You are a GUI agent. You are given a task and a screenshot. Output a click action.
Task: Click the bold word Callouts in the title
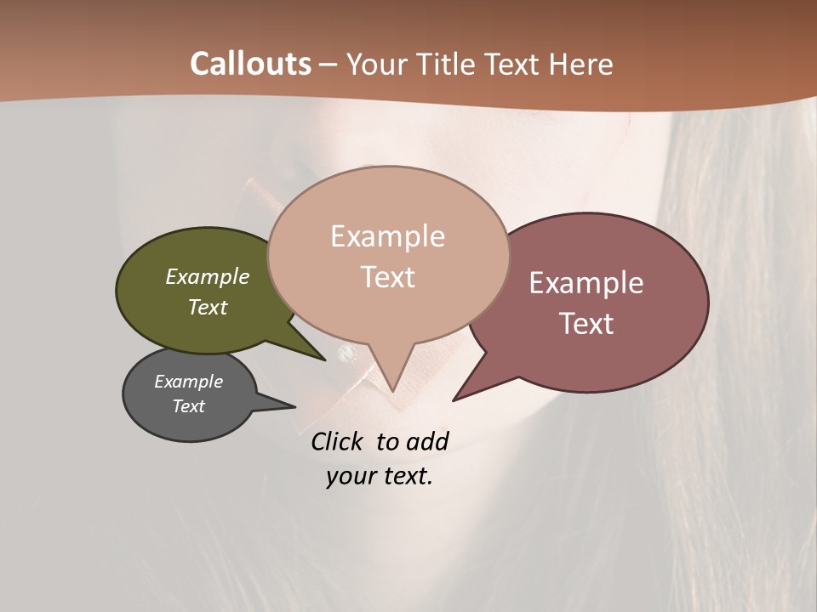(x=250, y=64)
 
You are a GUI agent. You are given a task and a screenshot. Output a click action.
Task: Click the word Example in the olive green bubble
(x=208, y=276)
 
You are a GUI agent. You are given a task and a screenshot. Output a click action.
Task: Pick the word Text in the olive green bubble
(x=208, y=307)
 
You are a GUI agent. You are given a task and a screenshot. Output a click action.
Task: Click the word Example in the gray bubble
(x=188, y=382)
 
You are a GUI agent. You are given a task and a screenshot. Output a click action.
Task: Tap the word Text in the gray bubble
(x=188, y=406)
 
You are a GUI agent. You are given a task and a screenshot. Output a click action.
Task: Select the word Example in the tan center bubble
(x=387, y=236)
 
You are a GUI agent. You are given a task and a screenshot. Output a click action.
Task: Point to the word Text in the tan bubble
(x=387, y=277)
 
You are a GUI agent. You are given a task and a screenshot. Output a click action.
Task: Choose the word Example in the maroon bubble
(x=586, y=283)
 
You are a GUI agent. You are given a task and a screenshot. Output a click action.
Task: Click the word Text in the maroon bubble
(x=586, y=324)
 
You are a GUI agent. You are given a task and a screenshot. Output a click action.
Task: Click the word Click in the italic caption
(x=339, y=441)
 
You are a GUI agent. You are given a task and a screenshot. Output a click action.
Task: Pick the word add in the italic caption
(x=426, y=441)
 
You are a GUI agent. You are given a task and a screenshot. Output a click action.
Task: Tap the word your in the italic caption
(x=349, y=476)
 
